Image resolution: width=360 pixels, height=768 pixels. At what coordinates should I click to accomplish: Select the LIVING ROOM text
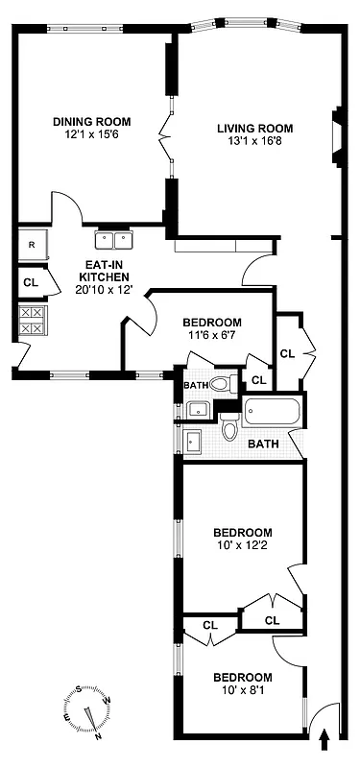click(x=253, y=128)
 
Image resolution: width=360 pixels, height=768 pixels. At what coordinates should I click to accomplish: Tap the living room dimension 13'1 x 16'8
click(x=253, y=142)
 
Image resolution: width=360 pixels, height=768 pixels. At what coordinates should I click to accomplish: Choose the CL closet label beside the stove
click(x=31, y=282)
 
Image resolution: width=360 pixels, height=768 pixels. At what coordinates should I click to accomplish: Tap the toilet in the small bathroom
click(x=221, y=386)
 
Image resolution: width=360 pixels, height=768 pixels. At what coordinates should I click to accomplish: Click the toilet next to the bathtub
click(x=228, y=430)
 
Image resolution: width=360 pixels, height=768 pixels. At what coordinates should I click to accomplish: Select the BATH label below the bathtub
click(x=263, y=444)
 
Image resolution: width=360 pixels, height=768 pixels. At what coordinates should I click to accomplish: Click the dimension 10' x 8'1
click(x=242, y=690)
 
